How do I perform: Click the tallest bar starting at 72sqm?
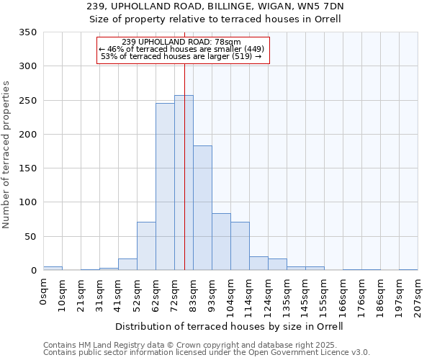[x=184, y=183]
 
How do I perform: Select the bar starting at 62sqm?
[x=165, y=187]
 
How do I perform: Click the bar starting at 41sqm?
[x=127, y=264]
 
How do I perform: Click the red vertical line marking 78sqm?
[x=184, y=216]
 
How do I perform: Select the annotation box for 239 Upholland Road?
[x=182, y=50]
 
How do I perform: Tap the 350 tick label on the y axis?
[x=27, y=32]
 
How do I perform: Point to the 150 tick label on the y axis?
[x=27, y=168]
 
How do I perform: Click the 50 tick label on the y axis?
[x=30, y=236]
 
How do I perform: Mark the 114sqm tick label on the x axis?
[x=249, y=297]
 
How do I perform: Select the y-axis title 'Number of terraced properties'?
[x=7, y=154]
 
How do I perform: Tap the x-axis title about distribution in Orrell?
[x=229, y=326]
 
